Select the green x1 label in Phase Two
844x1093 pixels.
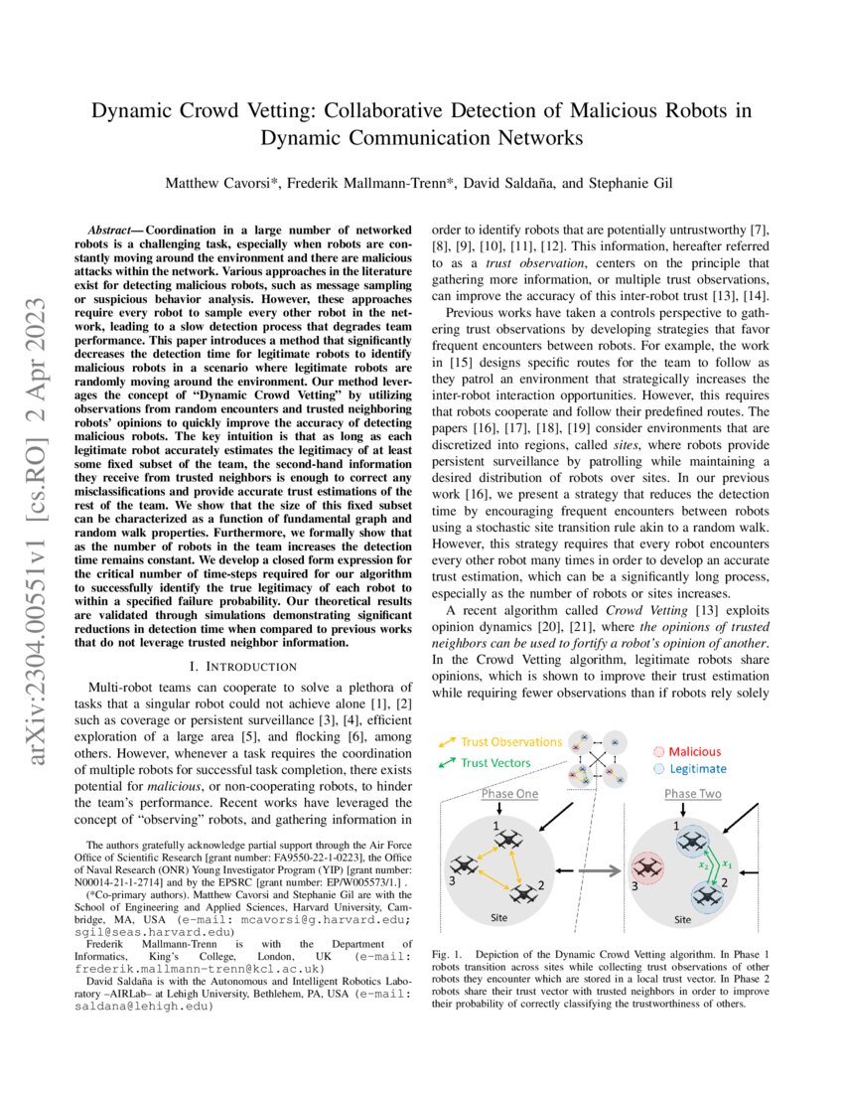[728, 861]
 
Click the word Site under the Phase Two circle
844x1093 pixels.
[682, 920]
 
